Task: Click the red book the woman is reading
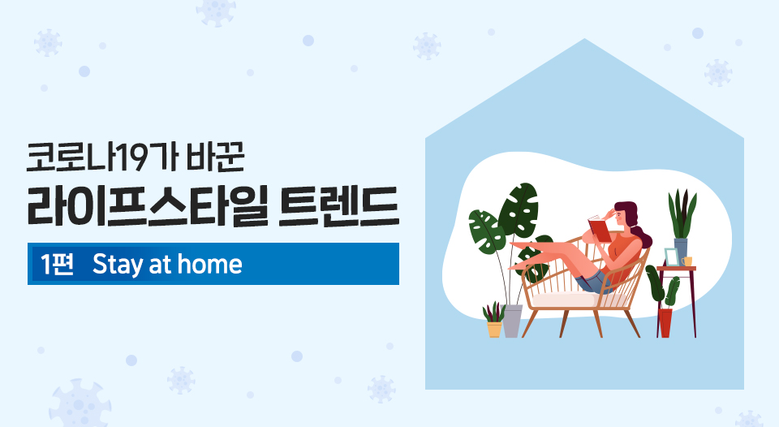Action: [x=599, y=228]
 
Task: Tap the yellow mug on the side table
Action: [x=688, y=261]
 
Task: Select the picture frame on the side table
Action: [x=671, y=256]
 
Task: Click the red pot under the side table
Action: [x=665, y=321]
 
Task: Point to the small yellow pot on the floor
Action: [x=494, y=329]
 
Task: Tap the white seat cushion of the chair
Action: [x=564, y=299]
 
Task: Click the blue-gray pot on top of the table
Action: [x=681, y=248]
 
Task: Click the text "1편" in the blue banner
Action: [x=57, y=264]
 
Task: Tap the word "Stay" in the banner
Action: [x=118, y=265]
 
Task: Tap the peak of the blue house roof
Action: [x=584, y=40]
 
